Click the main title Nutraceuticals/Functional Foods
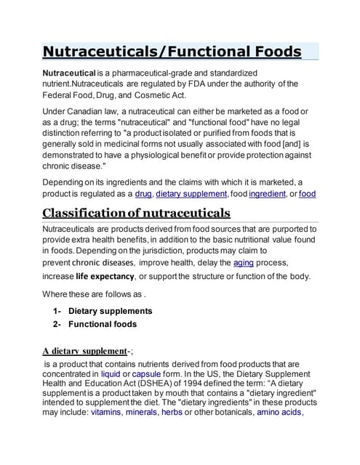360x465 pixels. [x=172, y=52]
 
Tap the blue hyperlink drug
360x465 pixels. [x=143, y=194]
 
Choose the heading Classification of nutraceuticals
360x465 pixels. [x=137, y=213]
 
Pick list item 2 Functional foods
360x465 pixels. [x=102, y=324]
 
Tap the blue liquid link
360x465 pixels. [x=111, y=374]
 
